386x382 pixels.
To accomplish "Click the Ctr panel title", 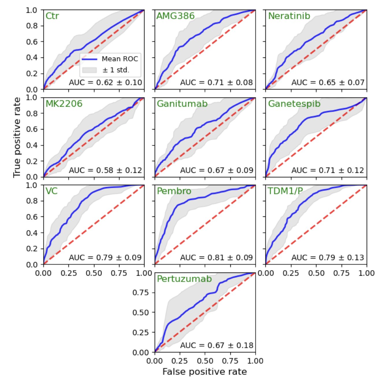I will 52,16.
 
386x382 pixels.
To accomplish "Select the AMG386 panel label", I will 175,16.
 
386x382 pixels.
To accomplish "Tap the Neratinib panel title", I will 289,16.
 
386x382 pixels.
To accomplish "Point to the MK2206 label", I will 64,104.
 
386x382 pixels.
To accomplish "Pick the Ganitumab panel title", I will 182,104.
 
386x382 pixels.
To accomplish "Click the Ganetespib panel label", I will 294,104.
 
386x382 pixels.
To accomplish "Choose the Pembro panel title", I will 174,191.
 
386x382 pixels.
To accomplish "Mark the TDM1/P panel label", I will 285,191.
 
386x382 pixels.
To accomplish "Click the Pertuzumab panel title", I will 184,279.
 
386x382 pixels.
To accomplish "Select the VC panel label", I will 51,191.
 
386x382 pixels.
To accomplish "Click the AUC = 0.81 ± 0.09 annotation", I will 216,257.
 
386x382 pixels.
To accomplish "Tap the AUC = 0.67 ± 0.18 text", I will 217,345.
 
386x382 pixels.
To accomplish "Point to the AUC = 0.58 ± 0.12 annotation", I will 105,170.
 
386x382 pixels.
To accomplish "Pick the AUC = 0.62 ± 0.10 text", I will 105,83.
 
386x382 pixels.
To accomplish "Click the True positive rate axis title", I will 17,137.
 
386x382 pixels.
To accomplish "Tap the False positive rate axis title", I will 205,372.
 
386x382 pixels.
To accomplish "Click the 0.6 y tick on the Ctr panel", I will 31,42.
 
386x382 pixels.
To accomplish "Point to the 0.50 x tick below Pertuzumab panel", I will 205,361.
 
